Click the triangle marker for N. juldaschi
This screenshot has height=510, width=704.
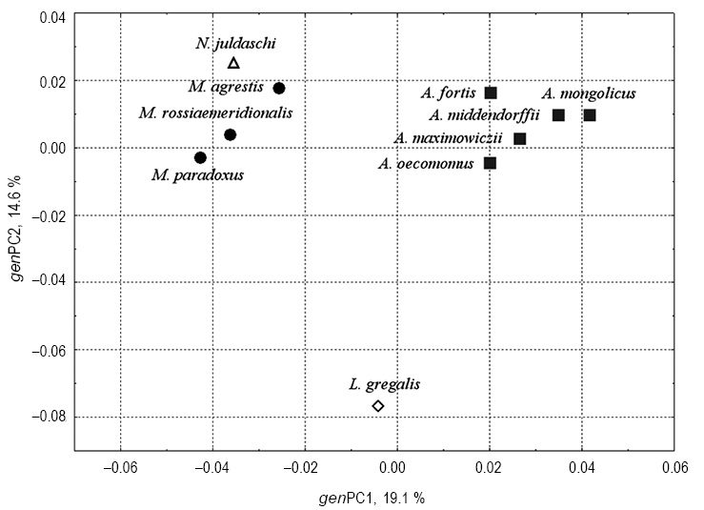pyautogui.click(x=234, y=64)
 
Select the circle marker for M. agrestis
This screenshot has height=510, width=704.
pyautogui.click(x=279, y=89)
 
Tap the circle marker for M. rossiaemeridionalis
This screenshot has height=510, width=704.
pyautogui.click(x=230, y=134)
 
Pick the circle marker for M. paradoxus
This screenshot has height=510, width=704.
pyautogui.click(x=200, y=157)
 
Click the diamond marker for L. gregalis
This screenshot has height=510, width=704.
pyautogui.click(x=378, y=406)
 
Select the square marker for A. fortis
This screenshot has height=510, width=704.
pyautogui.click(x=491, y=92)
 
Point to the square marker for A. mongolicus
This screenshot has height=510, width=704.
pyautogui.click(x=590, y=115)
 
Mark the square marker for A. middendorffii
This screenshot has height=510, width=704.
pyautogui.click(x=558, y=115)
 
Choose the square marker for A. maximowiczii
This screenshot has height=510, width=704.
pyautogui.click(x=519, y=138)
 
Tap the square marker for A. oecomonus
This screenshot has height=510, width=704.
pyautogui.click(x=490, y=163)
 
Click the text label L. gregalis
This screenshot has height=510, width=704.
pyautogui.click(x=384, y=384)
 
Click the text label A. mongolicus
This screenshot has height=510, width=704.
pyautogui.click(x=589, y=93)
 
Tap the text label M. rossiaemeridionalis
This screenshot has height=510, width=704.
pyautogui.click(x=215, y=112)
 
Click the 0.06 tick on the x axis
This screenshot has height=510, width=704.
pyautogui.click(x=674, y=468)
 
